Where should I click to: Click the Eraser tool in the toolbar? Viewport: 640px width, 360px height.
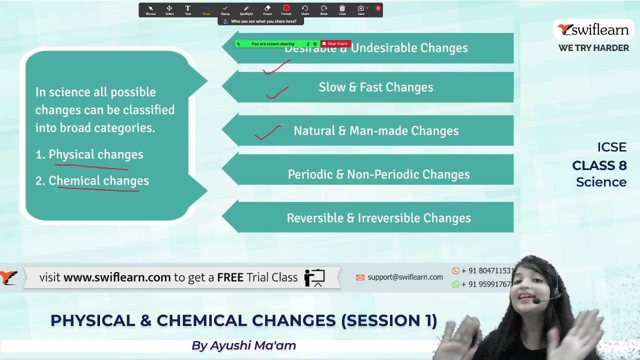pyautogui.click(x=267, y=9)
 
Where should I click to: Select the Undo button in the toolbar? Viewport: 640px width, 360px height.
pyautogui.click(x=305, y=9)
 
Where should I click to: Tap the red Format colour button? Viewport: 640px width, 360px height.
pyautogui.click(x=286, y=9)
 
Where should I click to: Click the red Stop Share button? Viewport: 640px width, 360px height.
pyautogui.click(x=336, y=44)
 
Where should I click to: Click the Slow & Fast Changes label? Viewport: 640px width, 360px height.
pyautogui.click(x=375, y=87)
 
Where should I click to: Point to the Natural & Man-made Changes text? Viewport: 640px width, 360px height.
pyautogui.click(x=375, y=131)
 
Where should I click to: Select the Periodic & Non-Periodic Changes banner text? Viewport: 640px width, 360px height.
pyautogui.click(x=378, y=174)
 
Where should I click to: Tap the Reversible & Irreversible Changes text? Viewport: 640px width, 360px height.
pyautogui.click(x=378, y=218)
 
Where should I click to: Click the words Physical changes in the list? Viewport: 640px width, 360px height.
pyautogui.click(x=95, y=154)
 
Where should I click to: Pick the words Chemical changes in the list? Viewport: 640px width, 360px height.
pyautogui.click(x=98, y=180)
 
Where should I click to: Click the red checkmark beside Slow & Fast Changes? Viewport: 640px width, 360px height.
pyautogui.click(x=277, y=93)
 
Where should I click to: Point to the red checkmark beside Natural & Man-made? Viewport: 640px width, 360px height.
pyautogui.click(x=268, y=132)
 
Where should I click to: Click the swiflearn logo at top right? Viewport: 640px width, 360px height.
pyautogui.click(x=593, y=30)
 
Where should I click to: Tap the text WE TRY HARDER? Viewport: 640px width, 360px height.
pyautogui.click(x=593, y=48)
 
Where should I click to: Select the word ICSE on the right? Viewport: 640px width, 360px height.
pyautogui.click(x=611, y=147)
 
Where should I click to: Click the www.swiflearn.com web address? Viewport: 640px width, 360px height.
pyautogui.click(x=117, y=277)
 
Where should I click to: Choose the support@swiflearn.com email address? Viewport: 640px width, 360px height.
pyautogui.click(x=405, y=277)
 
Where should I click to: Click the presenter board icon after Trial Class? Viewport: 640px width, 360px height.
pyautogui.click(x=314, y=277)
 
